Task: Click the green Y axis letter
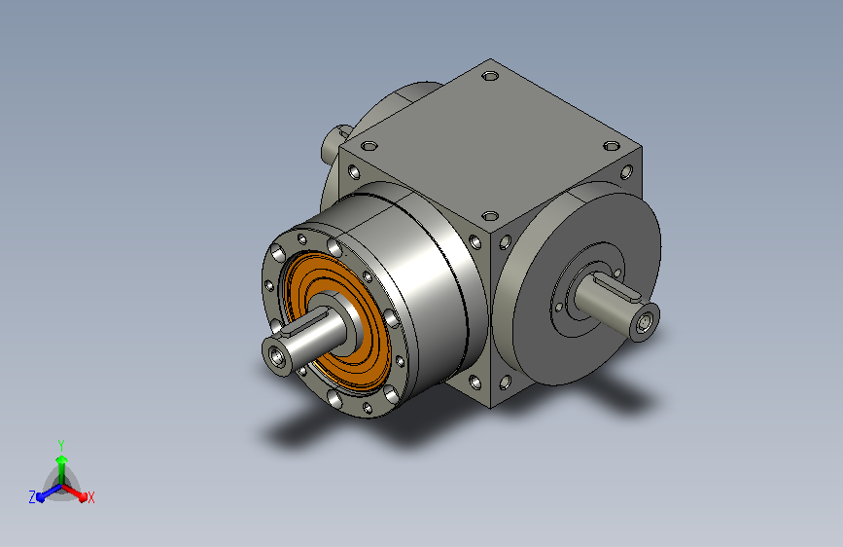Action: click(x=61, y=445)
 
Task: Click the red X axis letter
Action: click(x=90, y=498)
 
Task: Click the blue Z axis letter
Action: click(x=32, y=497)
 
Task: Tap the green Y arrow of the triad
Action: click(x=61, y=470)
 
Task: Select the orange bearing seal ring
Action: click(x=337, y=319)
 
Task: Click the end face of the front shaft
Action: click(x=278, y=355)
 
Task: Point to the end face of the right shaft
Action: click(x=644, y=323)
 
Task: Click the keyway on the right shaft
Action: click(x=618, y=285)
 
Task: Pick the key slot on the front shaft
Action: click(x=305, y=322)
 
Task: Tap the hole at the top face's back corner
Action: click(x=490, y=76)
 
